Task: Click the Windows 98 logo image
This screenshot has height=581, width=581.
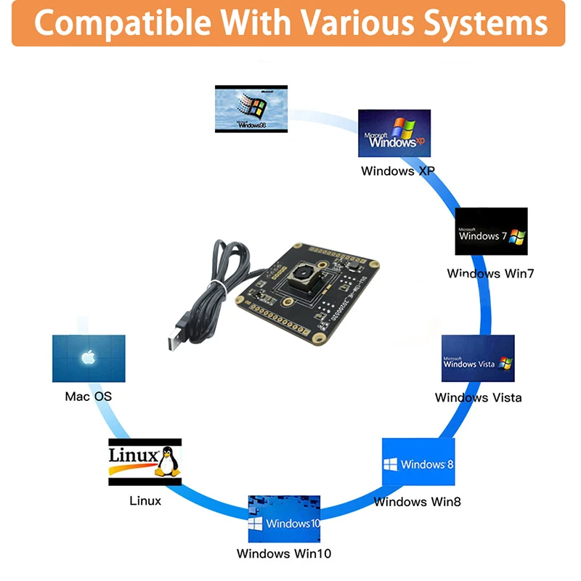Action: tap(251, 108)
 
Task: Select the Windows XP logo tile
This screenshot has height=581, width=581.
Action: tap(394, 134)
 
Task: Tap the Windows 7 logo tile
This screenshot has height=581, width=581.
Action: tap(491, 231)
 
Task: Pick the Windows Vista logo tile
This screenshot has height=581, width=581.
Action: tap(478, 358)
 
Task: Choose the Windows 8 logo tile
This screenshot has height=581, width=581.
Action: tap(418, 462)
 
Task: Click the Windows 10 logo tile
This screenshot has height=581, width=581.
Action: tap(284, 519)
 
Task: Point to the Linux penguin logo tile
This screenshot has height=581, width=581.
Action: tap(145, 461)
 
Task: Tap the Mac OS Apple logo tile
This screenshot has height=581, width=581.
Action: tap(89, 358)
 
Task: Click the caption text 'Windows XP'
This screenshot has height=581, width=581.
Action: tap(397, 171)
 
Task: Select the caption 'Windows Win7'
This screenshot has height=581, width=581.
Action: tap(490, 273)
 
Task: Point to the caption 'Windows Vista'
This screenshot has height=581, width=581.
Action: tap(478, 397)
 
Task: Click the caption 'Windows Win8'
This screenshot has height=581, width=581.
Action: tap(417, 501)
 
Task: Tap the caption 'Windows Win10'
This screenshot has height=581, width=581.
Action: tap(284, 553)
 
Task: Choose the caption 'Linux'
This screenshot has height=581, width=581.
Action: tap(145, 500)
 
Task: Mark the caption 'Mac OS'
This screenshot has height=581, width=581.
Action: tap(89, 397)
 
